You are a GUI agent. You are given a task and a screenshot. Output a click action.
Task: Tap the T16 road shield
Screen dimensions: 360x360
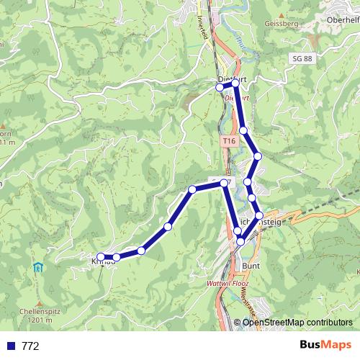click(x=229, y=142)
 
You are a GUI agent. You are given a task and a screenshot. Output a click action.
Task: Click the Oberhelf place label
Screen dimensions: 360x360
click(x=342, y=19)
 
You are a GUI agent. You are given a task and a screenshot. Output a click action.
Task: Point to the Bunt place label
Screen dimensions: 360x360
click(x=251, y=266)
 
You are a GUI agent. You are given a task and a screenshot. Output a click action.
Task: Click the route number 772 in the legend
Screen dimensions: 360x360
click(x=30, y=346)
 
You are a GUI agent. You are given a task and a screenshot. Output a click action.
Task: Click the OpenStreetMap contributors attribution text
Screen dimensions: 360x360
click(x=298, y=323)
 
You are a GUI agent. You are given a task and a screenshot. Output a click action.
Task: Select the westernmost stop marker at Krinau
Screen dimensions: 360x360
click(x=101, y=256)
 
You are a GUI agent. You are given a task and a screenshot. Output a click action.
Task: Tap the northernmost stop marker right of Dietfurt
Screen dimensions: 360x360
click(x=235, y=84)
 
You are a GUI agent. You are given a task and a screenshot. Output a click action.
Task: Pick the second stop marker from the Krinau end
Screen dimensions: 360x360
click(x=117, y=256)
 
